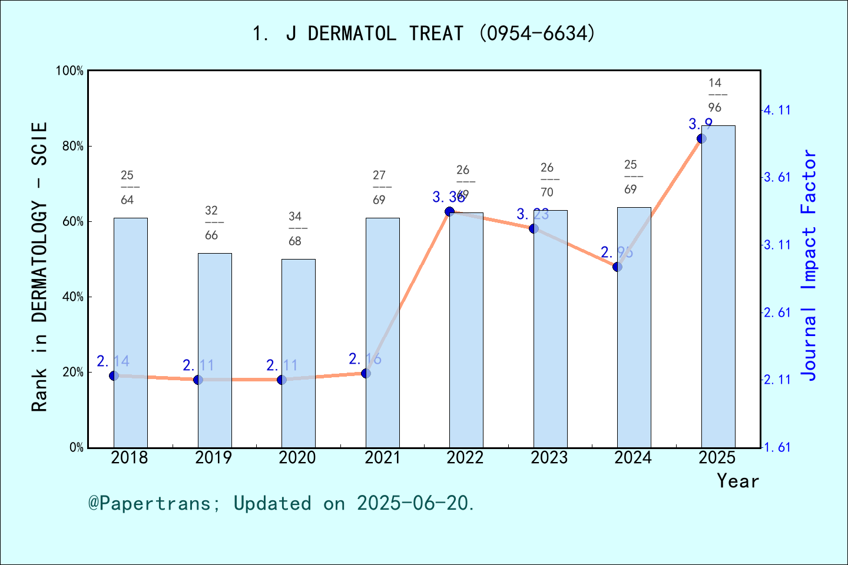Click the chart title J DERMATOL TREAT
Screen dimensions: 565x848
click(424, 34)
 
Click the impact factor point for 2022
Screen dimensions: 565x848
click(449, 211)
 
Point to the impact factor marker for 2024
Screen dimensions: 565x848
click(617, 267)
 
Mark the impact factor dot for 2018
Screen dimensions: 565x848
click(114, 375)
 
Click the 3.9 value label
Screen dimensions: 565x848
click(701, 124)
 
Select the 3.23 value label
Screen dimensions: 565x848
click(532, 215)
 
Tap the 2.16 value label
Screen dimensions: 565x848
click(365, 359)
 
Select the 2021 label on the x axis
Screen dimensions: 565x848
click(382, 457)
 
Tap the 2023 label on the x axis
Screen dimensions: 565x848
click(549, 457)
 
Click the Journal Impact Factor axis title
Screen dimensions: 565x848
click(809, 265)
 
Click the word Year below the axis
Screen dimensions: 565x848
click(737, 481)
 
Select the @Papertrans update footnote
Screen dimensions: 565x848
click(281, 503)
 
